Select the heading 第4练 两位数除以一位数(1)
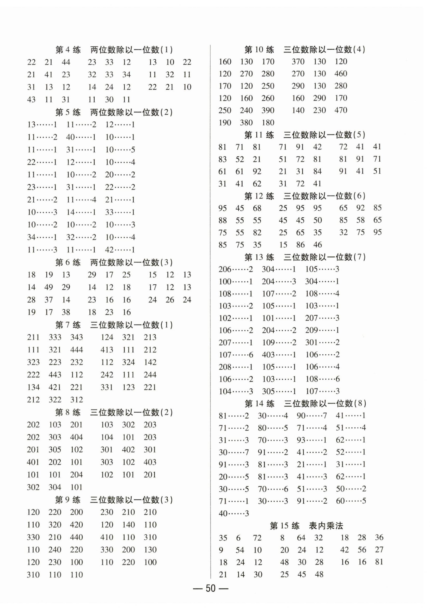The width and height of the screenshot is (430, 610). pos(114,50)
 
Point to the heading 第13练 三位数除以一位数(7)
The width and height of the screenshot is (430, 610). pos(305,257)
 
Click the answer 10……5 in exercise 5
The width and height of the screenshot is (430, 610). pos(120,150)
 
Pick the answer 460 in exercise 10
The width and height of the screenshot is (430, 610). pos(341,74)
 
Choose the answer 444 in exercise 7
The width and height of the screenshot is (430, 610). pos(77,350)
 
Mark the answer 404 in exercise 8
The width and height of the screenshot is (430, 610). pos(77,437)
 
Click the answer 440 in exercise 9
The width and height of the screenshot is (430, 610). pos(77,537)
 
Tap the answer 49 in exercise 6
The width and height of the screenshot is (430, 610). pos(49,287)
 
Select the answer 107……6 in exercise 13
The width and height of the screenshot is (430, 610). pos(236,355)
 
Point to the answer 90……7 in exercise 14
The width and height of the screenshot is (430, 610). pos(312,416)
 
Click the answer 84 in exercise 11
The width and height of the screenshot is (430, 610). pos(317,171)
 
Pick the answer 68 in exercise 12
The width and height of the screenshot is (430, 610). pos(257,208)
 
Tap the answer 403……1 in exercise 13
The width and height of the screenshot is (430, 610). pos(279,355)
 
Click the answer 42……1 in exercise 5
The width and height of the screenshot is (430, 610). pos(120,250)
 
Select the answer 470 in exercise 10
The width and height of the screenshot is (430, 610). pos(341,110)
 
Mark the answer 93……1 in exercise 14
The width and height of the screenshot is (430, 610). pos(312,440)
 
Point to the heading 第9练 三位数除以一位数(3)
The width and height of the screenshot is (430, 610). pos(114,500)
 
